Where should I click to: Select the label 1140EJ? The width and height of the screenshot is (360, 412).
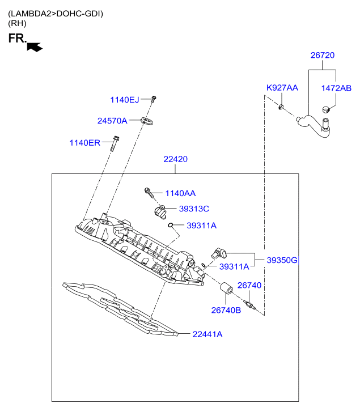click(124, 100)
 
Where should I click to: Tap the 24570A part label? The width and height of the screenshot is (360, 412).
click(112, 120)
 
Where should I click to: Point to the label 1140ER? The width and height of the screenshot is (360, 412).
click(85, 142)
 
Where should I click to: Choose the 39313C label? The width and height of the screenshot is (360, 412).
click(194, 209)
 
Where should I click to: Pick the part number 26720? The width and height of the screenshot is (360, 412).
click(322, 56)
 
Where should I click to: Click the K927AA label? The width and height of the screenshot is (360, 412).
click(282, 88)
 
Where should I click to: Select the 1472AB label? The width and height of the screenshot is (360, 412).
click(336, 88)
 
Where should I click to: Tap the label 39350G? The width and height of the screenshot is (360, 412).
click(282, 260)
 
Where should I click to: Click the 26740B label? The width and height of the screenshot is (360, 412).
click(226, 309)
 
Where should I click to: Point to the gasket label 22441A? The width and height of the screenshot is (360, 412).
click(207, 334)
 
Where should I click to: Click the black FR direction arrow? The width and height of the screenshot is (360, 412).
click(35, 47)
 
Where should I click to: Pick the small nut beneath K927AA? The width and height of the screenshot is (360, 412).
click(281, 106)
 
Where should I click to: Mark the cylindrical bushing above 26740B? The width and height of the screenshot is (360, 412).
click(225, 291)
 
